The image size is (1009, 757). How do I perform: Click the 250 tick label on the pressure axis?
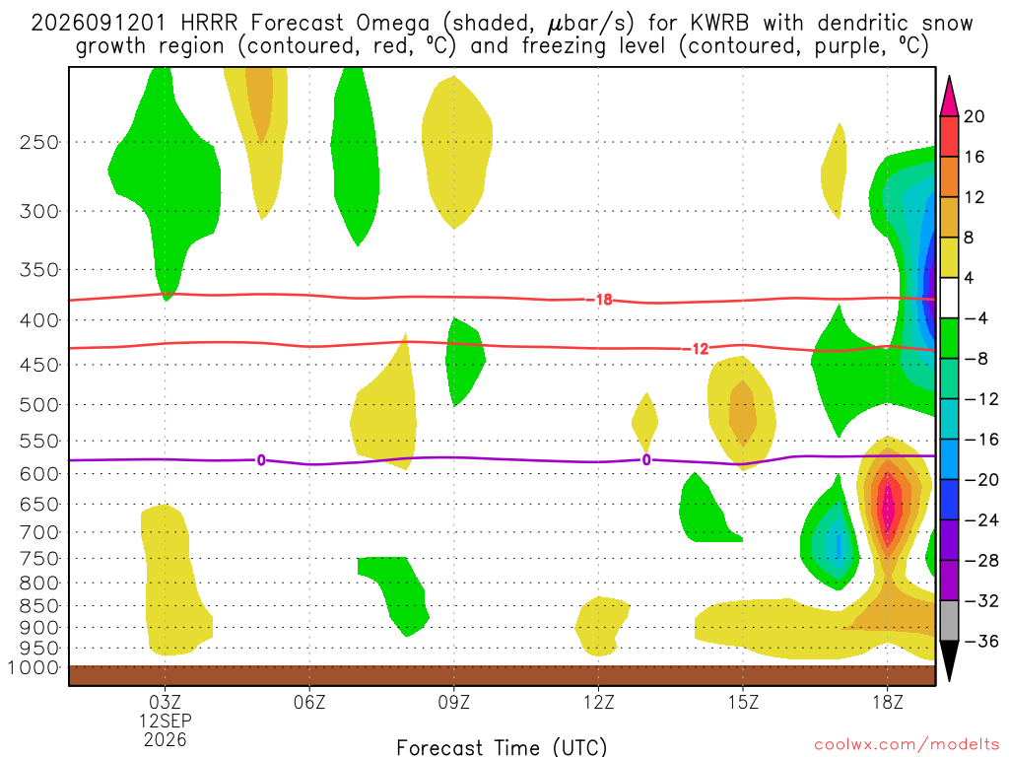pos(39,142)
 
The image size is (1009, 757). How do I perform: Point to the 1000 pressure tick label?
pos(34,668)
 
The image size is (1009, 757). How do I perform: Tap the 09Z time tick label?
pos(454,702)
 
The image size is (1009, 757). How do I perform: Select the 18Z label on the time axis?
pos(888,702)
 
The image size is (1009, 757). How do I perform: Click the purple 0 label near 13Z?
pos(646,460)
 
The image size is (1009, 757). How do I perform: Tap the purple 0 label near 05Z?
pos(261,460)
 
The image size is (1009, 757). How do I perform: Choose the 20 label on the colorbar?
pos(975,116)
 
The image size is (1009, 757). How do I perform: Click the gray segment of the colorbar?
pos(949,621)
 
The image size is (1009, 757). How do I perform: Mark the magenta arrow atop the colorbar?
pos(949,97)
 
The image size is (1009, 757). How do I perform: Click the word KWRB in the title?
pos(719,24)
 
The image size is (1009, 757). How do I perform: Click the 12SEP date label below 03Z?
pos(166,721)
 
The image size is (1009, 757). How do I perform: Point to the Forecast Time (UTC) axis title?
pos(502,747)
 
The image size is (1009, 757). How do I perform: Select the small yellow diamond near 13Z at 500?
pos(645,423)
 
